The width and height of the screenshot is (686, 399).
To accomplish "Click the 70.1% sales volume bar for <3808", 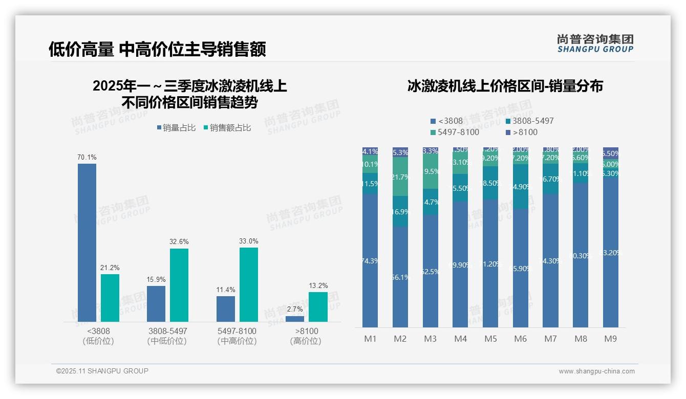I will click(87, 242).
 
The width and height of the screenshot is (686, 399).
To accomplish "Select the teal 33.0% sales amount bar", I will click(249, 284).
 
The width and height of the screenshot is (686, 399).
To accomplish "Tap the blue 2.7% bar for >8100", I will click(295, 319).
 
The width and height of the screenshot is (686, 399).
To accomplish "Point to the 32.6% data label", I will click(179, 241).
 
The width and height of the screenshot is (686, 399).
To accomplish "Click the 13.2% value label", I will click(318, 285).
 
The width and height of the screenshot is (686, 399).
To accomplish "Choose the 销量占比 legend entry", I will click(176, 128).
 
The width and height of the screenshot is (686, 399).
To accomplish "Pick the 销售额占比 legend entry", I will click(227, 128).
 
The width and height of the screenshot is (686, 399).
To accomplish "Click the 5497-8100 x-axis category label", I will click(237, 336).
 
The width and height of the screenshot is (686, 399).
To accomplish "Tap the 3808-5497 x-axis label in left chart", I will click(167, 336).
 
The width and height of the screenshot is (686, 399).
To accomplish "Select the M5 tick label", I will click(490, 339).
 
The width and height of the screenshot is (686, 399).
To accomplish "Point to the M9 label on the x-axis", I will click(610, 339).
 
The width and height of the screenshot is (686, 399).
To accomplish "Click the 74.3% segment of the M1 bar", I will click(370, 261).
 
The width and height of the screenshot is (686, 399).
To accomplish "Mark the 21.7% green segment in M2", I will click(400, 176).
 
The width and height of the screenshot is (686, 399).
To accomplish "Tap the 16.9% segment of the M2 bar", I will click(400, 211).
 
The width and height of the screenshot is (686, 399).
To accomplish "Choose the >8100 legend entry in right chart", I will click(522, 132).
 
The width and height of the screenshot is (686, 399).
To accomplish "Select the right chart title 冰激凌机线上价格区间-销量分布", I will click(505, 86).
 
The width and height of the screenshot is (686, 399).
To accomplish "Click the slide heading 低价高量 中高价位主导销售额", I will click(157, 49).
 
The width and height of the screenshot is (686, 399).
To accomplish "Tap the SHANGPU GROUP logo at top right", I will click(595, 43).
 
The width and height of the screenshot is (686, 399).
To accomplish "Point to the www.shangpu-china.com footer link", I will click(596, 371).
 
